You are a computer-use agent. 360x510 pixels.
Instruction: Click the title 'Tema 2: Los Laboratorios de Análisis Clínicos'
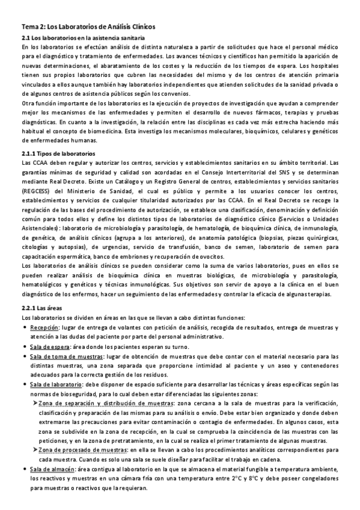(x=88, y=27)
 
